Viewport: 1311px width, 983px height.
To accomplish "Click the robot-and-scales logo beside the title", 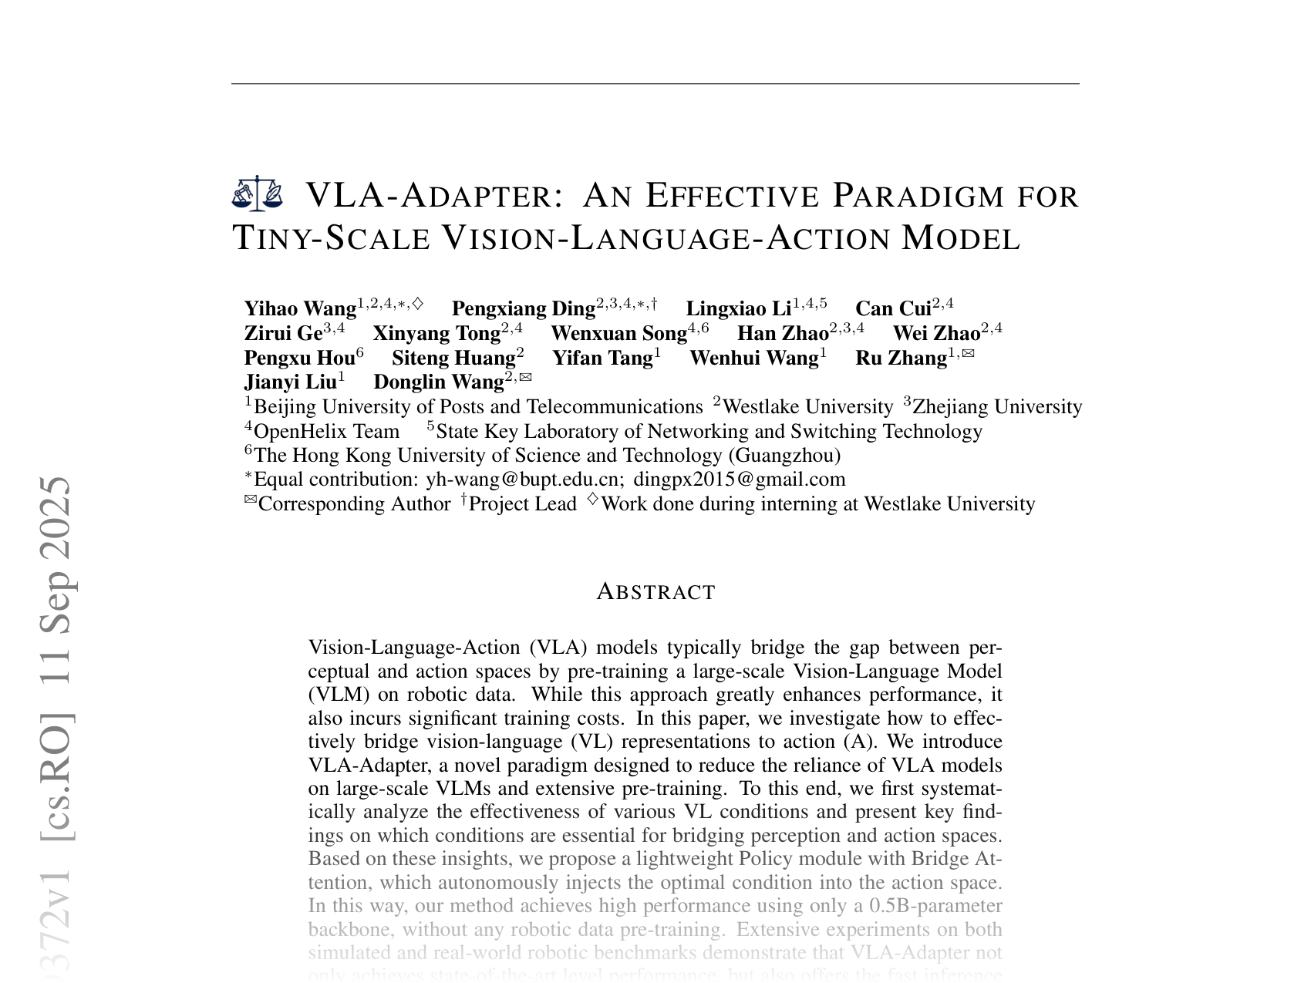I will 258,194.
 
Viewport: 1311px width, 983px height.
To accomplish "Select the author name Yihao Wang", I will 300,309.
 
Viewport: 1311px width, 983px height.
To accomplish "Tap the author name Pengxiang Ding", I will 523,309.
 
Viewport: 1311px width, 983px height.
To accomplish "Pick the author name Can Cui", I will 893,309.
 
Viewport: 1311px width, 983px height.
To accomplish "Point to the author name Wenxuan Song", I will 618,334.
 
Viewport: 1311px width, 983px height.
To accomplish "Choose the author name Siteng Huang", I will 453,359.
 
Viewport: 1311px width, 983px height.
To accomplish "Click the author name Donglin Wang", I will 438,382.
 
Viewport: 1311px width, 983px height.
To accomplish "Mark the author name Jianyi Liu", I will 290,382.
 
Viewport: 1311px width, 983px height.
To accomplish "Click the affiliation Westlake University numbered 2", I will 807,407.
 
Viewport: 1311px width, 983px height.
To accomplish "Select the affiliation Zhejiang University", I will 997,407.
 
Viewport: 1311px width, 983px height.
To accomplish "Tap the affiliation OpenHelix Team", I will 326,431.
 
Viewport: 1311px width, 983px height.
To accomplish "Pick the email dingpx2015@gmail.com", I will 739,480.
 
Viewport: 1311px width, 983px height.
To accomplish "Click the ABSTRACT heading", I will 656,592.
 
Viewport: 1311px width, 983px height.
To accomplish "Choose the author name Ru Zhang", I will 901,359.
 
